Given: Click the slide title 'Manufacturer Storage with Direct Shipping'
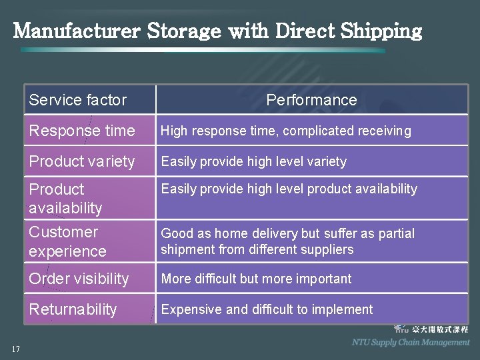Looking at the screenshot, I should point(217,31).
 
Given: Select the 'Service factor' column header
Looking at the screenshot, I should point(77,100).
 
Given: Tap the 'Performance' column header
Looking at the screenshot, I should point(311,100).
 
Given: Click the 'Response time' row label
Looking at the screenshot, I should point(81,131).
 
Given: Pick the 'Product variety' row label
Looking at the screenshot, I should point(81,161).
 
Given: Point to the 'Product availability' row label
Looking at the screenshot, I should point(65,199).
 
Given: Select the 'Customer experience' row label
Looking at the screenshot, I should point(67,241).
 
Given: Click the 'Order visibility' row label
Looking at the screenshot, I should point(79,279).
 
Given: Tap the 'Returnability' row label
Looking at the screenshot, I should point(73,309).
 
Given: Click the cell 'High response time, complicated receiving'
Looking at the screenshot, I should point(286,131).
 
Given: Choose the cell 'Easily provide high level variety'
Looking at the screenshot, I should point(254,161).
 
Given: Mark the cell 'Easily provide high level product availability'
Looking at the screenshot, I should point(289,189).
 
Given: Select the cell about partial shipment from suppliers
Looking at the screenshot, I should point(288,241).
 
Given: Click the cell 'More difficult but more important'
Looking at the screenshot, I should point(256,279).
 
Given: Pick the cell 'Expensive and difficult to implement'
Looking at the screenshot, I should point(267,309).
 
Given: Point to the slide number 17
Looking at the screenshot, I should point(15,349).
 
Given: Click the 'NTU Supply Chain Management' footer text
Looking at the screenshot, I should point(411,342).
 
